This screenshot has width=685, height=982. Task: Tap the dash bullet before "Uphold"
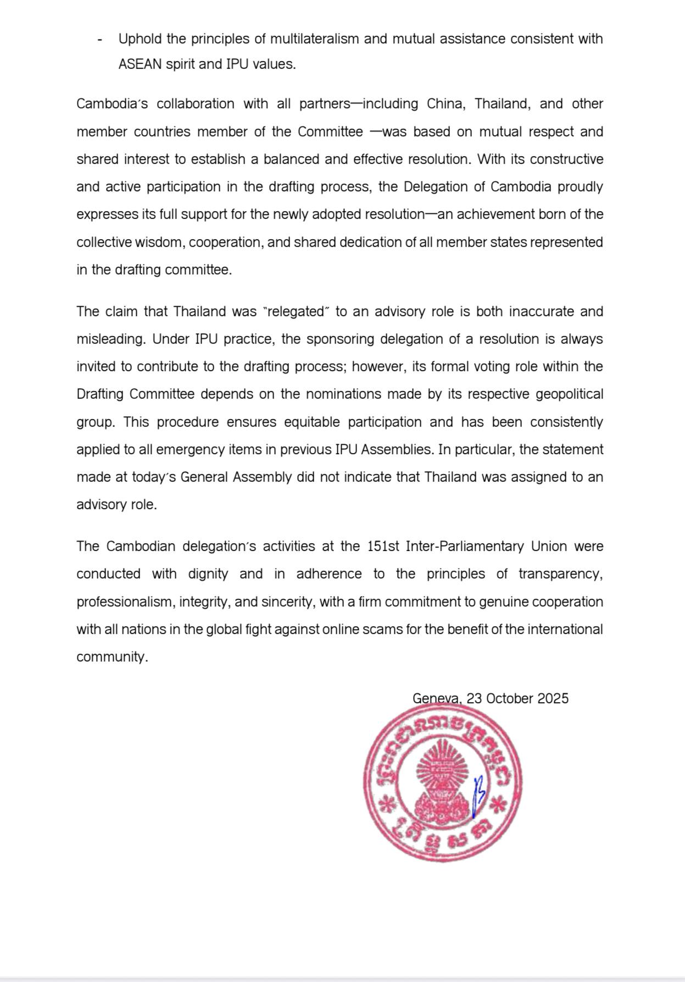[x=99, y=40]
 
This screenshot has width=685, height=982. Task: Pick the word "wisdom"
[x=162, y=242]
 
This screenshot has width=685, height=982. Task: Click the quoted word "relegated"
[x=297, y=312]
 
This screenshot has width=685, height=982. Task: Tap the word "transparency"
[x=560, y=574]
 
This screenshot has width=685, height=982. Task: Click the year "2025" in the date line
[x=553, y=699]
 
